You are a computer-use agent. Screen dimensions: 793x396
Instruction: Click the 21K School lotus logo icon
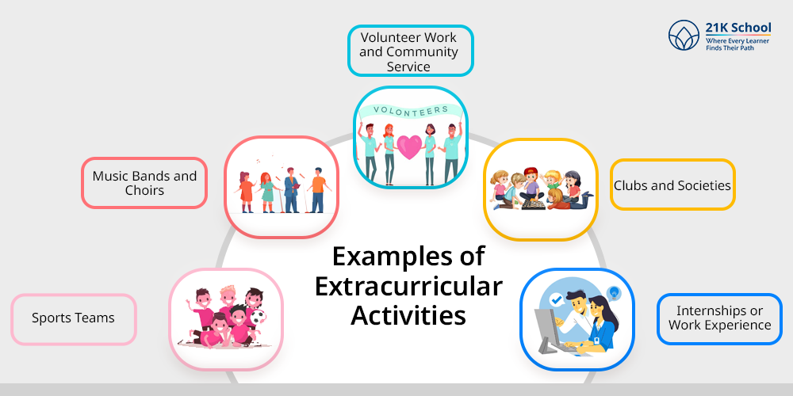coord(684,36)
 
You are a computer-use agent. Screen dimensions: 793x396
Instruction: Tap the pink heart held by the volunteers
coord(410,147)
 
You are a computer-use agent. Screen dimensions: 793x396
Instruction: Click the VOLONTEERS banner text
coord(411,109)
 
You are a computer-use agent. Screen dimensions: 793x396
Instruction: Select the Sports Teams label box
coord(73,319)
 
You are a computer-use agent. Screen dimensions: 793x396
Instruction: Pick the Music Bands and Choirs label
coord(144,183)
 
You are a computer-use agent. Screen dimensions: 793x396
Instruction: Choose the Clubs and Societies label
coord(672,185)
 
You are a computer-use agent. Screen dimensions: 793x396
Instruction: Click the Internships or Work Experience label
coord(719,318)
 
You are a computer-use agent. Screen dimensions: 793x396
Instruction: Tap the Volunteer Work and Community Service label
coord(410,51)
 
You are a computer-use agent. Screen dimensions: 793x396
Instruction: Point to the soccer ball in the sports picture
coord(259,317)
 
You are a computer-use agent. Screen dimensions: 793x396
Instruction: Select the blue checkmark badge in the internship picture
coord(557,299)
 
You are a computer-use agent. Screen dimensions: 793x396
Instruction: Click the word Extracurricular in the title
coord(408,286)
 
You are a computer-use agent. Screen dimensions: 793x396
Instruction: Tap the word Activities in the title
coord(408,315)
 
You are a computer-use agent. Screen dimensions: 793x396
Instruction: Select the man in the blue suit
coord(291,190)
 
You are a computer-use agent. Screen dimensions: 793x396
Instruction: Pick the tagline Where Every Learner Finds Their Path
coord(737,44)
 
